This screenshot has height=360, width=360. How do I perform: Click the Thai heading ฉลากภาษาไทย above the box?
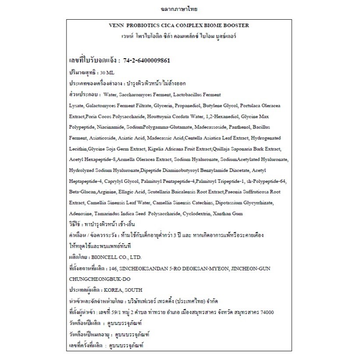(180, 8)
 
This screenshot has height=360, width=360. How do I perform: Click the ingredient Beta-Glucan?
(81, 192)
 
